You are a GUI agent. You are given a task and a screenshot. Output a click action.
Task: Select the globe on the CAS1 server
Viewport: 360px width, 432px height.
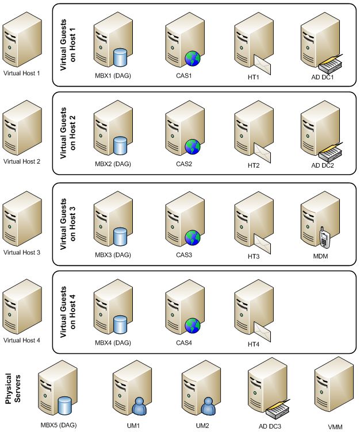point(192,57)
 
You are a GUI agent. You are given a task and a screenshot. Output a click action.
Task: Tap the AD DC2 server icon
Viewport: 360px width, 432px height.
point(319,129)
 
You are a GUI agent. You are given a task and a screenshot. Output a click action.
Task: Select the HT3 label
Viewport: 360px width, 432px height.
point(254,256)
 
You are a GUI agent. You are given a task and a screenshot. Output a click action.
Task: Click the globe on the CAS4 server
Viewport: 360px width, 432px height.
point(192,325)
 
